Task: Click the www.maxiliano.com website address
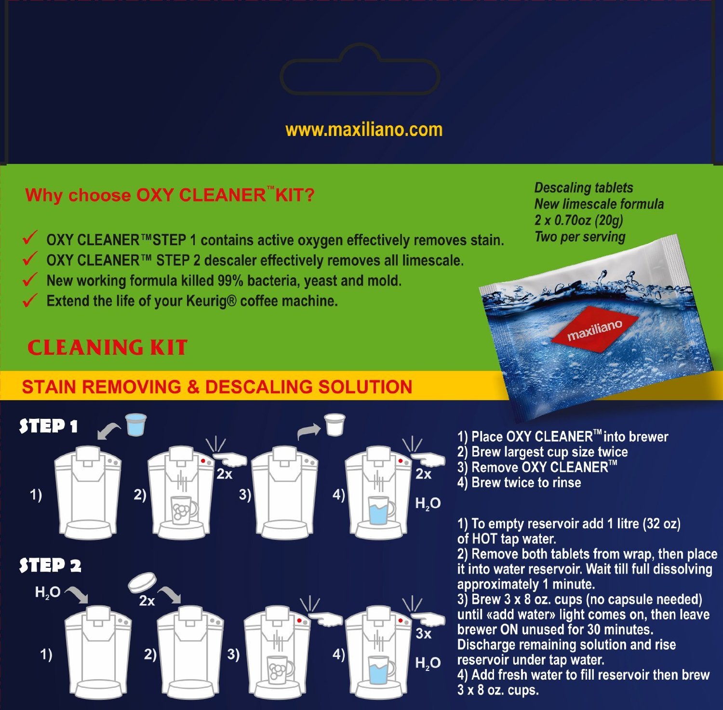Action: (364, 130)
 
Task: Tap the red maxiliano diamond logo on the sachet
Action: (595, 329)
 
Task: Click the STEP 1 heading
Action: (48, 426)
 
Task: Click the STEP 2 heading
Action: (50, 565)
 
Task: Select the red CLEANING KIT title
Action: (107, 348)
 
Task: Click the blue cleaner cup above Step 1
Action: (136, 425)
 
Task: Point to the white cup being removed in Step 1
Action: (335, 424)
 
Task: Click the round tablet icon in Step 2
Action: (143, 582)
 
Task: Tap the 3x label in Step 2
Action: (423, 633)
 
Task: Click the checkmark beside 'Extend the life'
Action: (30, 300)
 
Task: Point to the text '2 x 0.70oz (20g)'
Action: (578, 220)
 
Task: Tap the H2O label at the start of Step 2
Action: (47, 592)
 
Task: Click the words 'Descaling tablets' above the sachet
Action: (583, 188)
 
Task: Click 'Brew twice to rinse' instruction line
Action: (519, 482)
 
